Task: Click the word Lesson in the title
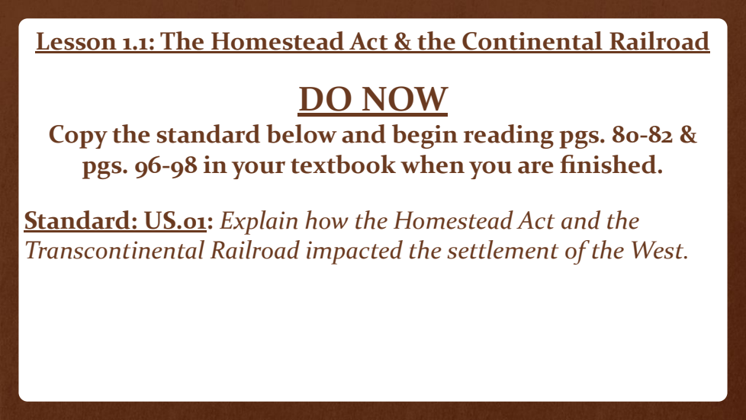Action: click(x=76, y=41)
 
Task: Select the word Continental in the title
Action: click(x=532, y=41)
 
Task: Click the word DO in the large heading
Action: click(x=327, y=99)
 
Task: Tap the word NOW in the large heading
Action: click(x=405, y=99)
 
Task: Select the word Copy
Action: click(x=78, y=136)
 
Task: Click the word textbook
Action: click(x=342, y=165)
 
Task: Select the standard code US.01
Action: click(x=175, y=221)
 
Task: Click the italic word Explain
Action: click(x=259, y=222)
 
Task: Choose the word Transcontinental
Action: click(x=114, y=251)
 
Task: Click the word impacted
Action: click(x=354, y=252)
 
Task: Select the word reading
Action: click(x=508, y=136)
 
